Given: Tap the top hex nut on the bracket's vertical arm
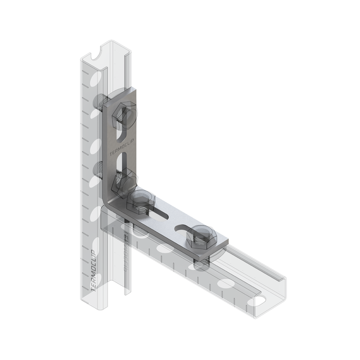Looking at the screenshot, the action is click(124, 116).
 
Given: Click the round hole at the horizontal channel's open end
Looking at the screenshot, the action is click(261, 300).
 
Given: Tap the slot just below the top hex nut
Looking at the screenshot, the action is click(122, 136).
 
